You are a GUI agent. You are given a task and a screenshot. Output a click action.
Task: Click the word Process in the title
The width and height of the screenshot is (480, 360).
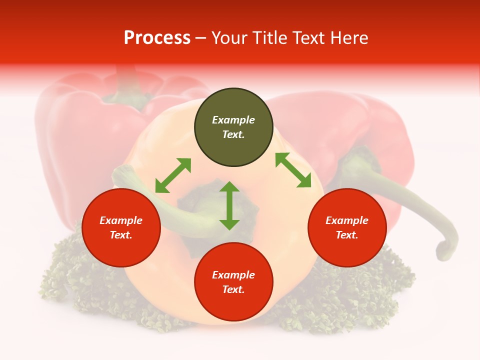157,38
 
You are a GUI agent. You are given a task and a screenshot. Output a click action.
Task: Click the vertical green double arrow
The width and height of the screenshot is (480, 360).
229,206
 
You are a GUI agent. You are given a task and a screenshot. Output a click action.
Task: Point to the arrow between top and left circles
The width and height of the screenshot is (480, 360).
173,175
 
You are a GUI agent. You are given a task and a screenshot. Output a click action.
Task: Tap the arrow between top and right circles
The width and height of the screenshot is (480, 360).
293,170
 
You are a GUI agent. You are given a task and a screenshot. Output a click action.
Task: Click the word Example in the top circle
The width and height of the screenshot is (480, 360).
233,120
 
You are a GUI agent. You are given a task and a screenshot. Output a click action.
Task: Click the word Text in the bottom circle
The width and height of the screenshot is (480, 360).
233,290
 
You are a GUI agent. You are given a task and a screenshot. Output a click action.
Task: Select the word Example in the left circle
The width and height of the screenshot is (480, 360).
121,220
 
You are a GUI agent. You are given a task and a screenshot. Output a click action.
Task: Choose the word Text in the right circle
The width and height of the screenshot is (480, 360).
347,235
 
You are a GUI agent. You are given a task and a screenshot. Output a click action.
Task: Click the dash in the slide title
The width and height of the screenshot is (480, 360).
201,38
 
